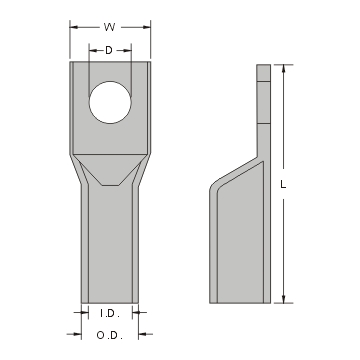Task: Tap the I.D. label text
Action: click(109, 313)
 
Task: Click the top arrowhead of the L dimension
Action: click(286, 67)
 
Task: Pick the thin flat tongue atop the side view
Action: click(263, 100)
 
